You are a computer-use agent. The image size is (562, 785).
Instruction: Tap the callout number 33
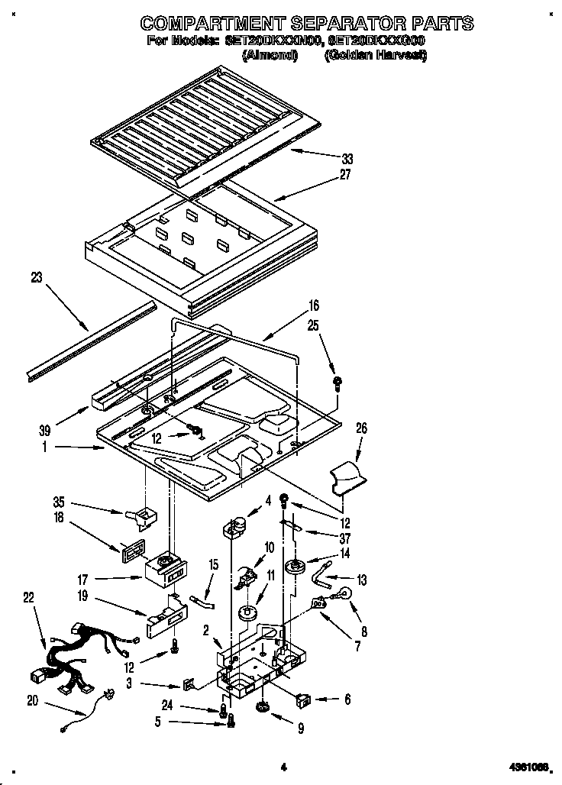347,160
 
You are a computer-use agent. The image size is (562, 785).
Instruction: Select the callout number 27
344,174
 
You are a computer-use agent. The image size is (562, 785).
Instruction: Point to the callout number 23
35,278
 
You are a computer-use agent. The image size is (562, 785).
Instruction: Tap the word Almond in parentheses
270,56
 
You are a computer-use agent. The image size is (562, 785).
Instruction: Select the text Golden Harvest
375,56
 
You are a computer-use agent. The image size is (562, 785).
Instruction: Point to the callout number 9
301,729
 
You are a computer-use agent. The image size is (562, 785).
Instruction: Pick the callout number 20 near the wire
33,700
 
